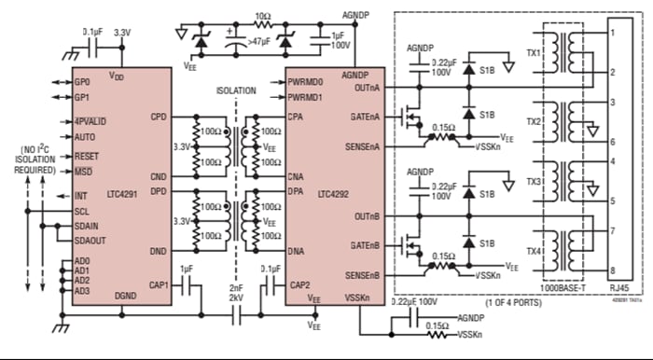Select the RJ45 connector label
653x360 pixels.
(624, 291)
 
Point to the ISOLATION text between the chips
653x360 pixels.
(235, 91)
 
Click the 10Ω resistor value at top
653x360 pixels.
(264, 17)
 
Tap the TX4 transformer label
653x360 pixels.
(534, 252)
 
